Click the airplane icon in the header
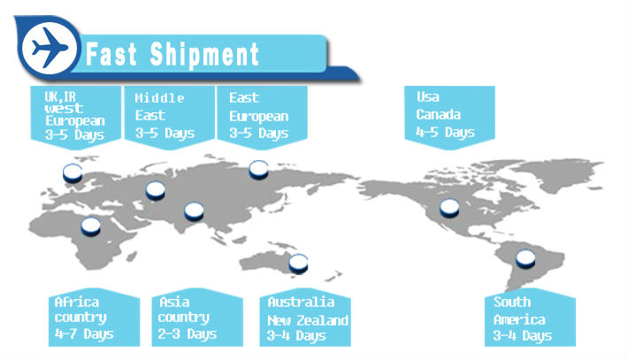point(50,48)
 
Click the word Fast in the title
point(111,55)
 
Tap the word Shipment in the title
point(204,55)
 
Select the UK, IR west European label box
point(76,117)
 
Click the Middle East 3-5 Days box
point(170,117)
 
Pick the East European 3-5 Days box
point(262,117)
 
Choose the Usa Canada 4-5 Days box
point(450,117)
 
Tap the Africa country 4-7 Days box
point(94,318)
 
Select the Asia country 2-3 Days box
point(197,318)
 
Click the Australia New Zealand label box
point(305,318)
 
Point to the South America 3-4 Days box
point(530,318)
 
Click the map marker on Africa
point(90,226)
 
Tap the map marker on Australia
point(298,264)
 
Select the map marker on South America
point(525,258)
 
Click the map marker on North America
point(449,208)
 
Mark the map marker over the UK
point(73,173)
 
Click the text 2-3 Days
point(187,334)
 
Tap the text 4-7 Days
point(84,334)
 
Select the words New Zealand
point(308,320)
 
